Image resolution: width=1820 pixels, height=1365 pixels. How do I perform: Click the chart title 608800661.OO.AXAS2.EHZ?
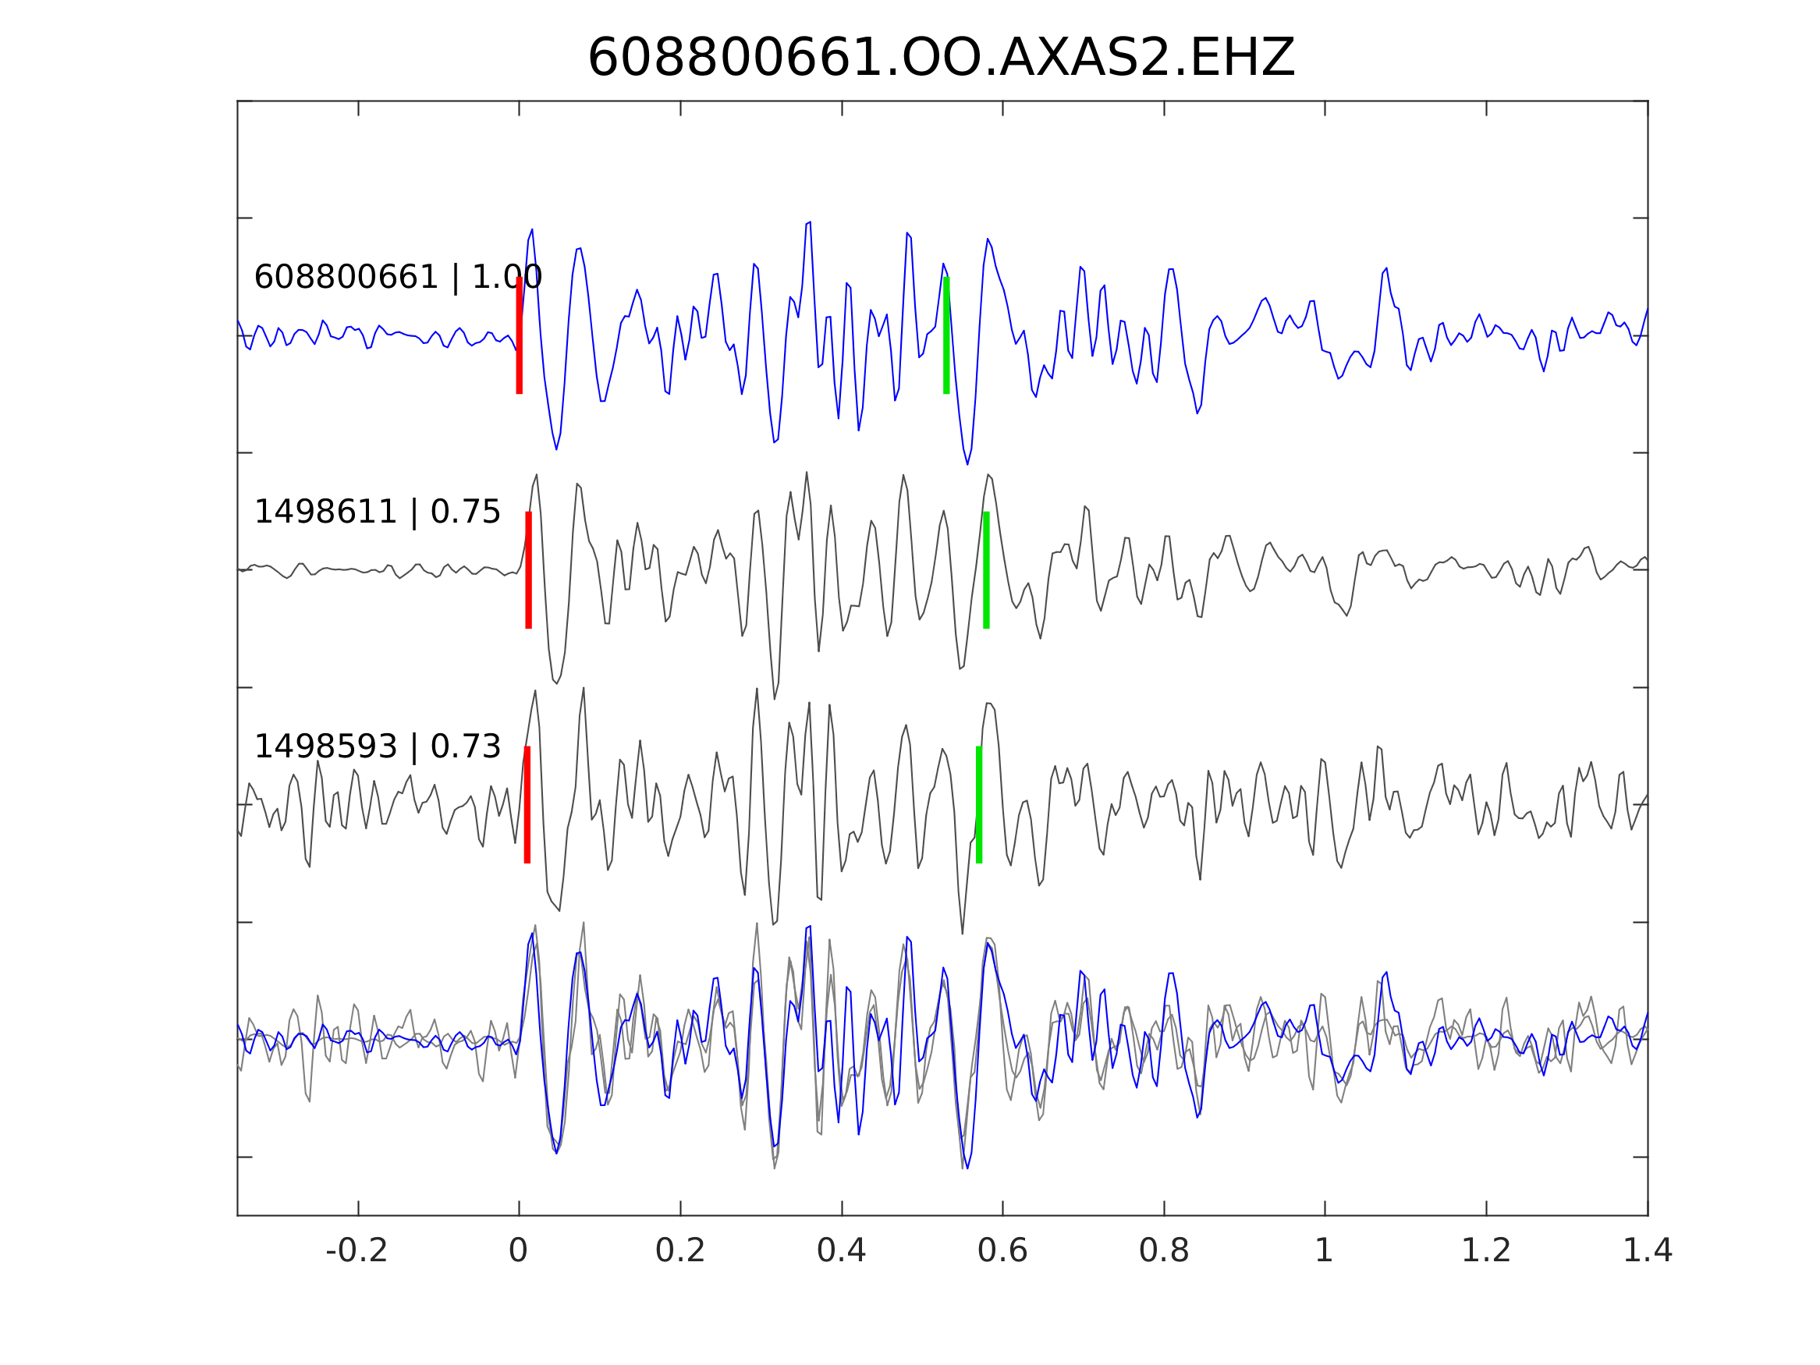941,58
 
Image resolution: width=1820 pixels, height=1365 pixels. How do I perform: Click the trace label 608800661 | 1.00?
397,278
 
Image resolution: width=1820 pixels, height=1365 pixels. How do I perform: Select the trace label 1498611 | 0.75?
377,512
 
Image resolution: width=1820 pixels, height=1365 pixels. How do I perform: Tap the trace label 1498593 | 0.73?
377,747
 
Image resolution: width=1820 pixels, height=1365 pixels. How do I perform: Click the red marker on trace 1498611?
528,570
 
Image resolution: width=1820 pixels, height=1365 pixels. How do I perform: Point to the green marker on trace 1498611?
986,570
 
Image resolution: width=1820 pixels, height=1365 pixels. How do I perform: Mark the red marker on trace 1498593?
527,805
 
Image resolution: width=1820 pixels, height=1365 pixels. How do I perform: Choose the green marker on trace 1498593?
978,805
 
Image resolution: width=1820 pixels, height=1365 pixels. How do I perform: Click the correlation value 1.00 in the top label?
506,278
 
